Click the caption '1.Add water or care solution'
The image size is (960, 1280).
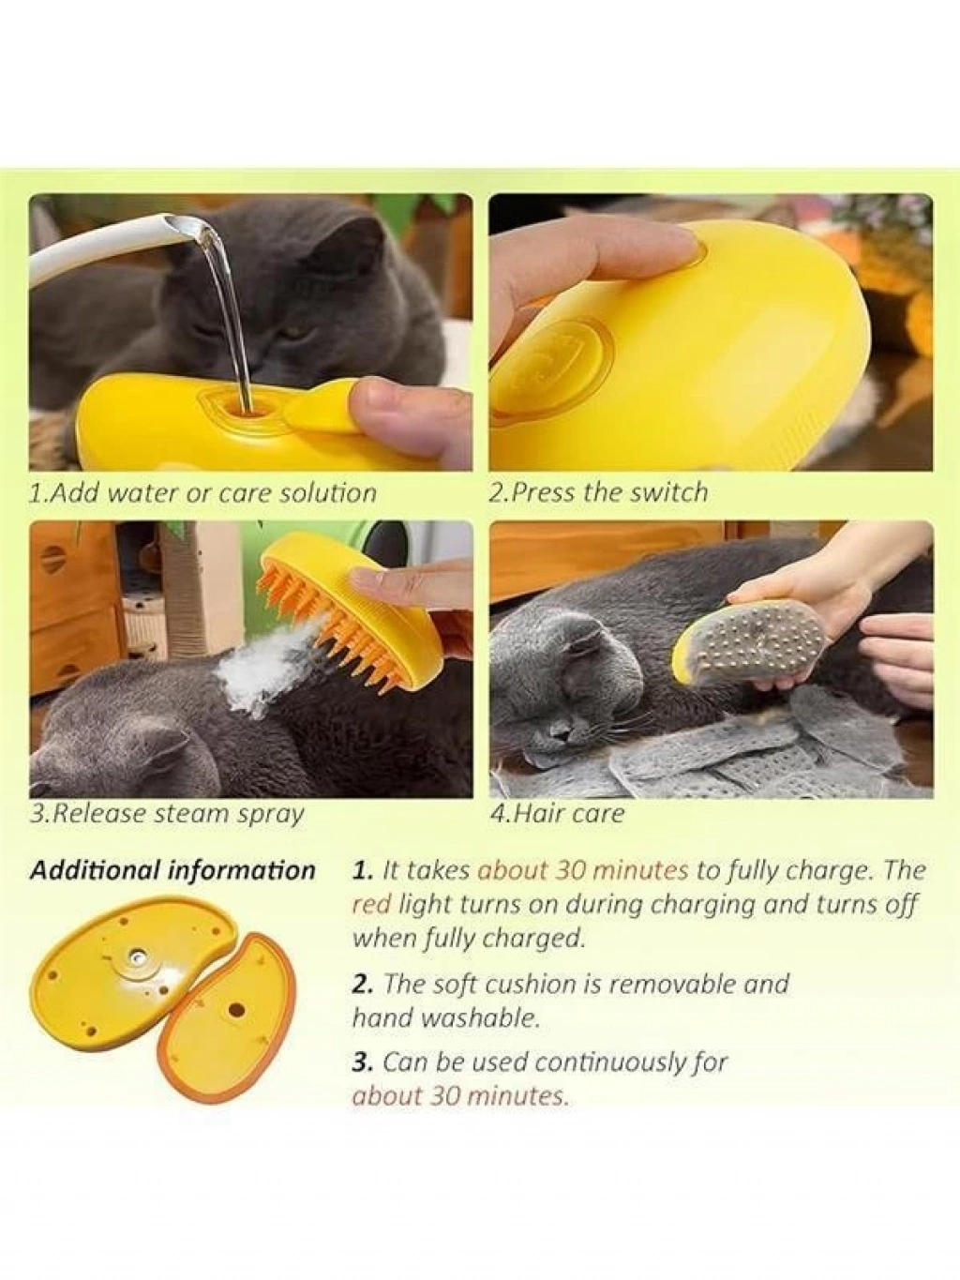(x=202, y=492)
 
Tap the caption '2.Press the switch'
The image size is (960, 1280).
(x=599, y=492)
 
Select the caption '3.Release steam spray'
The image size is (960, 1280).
(x=167, y=814)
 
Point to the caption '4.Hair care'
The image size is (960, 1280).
(x=557, y=813)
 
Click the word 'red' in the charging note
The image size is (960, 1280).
(x=368, y=904)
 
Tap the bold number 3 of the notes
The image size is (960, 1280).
(x=361, y=1062)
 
